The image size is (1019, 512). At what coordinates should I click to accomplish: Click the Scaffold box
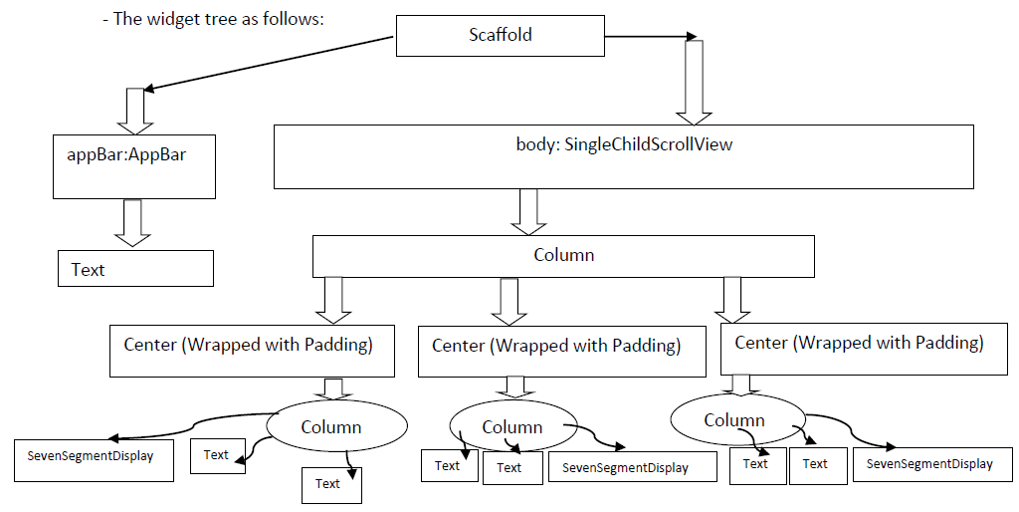click(x=500, y=35)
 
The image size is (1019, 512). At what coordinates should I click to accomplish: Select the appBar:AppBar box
click(x=134, y=166)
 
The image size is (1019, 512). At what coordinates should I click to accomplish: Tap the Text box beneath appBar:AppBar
click(x=135, y=268)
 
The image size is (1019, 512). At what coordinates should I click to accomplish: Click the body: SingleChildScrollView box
click(x=623, y=156)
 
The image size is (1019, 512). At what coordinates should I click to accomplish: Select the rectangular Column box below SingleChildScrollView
click(x=563, y=256)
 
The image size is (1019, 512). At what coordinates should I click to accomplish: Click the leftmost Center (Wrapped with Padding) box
click(x=252, y=351)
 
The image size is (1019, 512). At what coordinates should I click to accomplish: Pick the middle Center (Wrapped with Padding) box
click(x=561, y=352)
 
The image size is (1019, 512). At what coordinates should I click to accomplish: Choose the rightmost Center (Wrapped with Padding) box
click(x=864, y=349)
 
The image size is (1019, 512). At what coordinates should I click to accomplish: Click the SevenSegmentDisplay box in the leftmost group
click(x=94, y=460)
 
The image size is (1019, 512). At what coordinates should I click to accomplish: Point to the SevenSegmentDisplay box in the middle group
click(x=632, y=467)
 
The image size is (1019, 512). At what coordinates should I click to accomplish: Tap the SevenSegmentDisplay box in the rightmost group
click(x=931, y=464)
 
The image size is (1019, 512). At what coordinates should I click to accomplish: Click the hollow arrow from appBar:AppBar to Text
click(x=132, y=223)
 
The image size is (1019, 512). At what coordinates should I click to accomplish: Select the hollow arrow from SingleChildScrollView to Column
click(x=528, y=212)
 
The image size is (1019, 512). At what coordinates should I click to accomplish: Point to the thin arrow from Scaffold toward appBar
click(x=268, y=63)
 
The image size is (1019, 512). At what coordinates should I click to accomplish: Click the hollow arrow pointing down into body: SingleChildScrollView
click(x=694, y=83)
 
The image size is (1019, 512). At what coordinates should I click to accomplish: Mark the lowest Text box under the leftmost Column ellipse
click(x=331, y=485)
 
